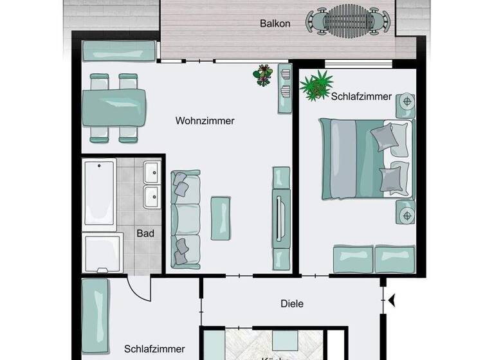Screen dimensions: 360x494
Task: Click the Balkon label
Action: (x=275, y=24)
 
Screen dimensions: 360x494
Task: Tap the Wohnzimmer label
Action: (x=205, y=120)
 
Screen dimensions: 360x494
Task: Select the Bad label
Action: (x=145, y=233)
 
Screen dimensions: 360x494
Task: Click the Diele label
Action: (x=291, y=303)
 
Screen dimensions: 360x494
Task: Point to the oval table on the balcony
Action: (x=347, y=22)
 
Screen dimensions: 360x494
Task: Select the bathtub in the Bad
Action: (x=100, y=193)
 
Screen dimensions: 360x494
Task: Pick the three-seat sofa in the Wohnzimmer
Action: (x=185, y=219)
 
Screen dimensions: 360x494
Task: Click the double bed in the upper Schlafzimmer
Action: (x=365, y=157)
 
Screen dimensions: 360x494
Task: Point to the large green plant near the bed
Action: (x=316, y=85)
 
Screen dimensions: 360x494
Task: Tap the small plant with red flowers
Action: (x=263, y=75)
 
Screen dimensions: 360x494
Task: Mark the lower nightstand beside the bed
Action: (x=406, y=212)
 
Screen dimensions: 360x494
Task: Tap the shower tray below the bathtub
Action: (x=103, y=253)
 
